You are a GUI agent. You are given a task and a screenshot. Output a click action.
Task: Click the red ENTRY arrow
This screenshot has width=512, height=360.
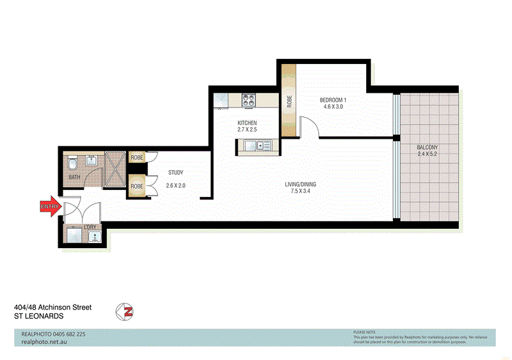[50, 207]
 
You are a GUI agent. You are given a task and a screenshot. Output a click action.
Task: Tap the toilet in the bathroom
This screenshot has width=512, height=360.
[72, 160]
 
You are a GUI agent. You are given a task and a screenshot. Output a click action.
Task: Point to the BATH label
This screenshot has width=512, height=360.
[74, 177]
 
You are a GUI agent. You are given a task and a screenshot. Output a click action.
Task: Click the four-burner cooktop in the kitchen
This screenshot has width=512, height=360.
[248, 100]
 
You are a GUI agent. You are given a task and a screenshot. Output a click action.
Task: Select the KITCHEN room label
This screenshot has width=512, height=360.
[247, 122]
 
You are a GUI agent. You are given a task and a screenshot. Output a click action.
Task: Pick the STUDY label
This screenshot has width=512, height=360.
[177, 172]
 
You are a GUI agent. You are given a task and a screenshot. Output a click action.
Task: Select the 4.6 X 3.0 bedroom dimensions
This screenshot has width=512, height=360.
[333, 107]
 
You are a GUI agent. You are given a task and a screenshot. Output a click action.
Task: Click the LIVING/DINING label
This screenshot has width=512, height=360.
[300, 185]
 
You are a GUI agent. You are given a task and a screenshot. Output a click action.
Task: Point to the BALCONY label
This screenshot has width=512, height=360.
[430, 147]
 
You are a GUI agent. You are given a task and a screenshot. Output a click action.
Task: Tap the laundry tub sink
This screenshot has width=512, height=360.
[95, 237]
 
